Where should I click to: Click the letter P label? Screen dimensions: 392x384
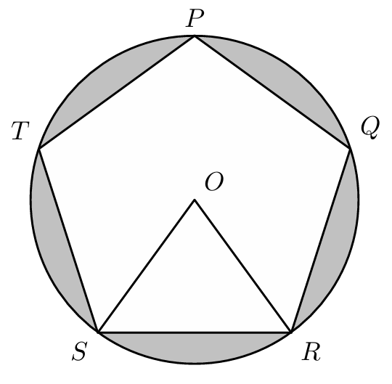pyautogui.click(x=195, y=18)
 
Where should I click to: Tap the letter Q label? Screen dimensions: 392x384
pyautogui.click(x=370, y=128)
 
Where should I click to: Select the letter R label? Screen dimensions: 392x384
pyautogui.click(x=311, y=351)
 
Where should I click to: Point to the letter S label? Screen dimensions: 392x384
pyautogui.click(x=80, y=351)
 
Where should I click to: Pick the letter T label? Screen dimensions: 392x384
pyautogui.click(x=20, y=131)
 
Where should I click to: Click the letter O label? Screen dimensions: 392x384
pyautogui.click(x=214, y=181)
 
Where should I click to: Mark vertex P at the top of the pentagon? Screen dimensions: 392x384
pyautogui.click(x=195, y=36)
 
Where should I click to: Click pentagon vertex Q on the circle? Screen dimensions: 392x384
pyautogui.click(x=350, y=149)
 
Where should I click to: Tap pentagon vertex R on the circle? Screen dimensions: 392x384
pyautogui.click(x=291, y=332)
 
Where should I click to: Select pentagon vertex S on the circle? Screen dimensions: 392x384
pyautogui.click(x=99, y=332)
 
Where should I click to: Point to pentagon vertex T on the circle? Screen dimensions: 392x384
pyautogui.click(x=39, y=149)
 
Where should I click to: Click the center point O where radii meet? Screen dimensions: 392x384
pyautogui.click(x=195, y=200)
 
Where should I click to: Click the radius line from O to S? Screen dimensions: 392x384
pyautogui.click(x=147, y=266)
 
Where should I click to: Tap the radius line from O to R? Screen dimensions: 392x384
pyautogui.click(x=243, y=266)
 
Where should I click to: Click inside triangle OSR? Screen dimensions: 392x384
pyautogui.click(x=195, y=287)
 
